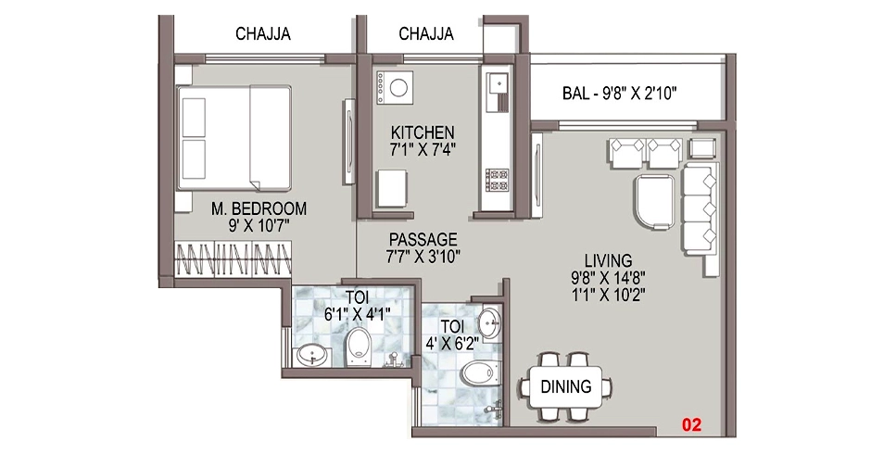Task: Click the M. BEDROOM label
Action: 259,209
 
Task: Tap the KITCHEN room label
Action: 423,132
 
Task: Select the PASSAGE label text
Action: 423,240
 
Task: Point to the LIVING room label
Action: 608,260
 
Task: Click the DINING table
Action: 566,386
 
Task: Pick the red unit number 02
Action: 691,425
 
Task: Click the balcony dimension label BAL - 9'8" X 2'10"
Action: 619,94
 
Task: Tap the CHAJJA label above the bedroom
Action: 263,34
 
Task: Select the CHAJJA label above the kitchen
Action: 426,34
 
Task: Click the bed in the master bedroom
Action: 234,138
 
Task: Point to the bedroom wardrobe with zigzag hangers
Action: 234,259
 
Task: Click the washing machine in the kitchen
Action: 395,88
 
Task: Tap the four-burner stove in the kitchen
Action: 497,180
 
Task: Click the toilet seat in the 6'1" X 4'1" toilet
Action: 359,347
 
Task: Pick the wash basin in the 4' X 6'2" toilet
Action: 490,322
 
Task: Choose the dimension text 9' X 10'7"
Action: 259,226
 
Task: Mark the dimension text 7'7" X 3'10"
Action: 423,257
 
